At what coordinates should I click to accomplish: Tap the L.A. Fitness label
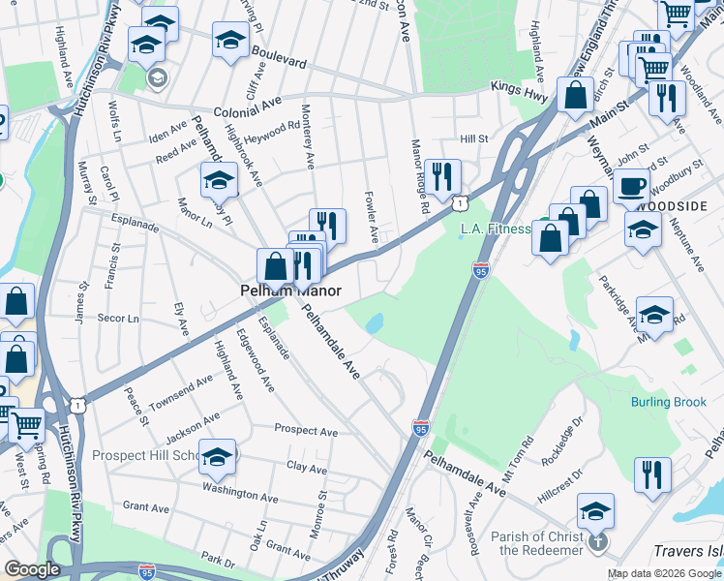click(x=496, y=229)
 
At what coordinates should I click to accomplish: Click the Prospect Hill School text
click(x=145, y=455)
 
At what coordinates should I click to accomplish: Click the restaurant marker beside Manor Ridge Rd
click(x=442, y=175)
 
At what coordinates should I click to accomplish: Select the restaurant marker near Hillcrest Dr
click(x=652, y=474)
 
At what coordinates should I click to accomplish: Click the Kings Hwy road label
click(x=519, y=88)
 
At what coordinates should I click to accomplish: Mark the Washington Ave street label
click(x=240, y=494)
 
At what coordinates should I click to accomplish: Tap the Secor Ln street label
click(x=119, y=319)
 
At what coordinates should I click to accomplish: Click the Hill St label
click(x=473, y=139)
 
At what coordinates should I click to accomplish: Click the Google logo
click(x=32, y=569)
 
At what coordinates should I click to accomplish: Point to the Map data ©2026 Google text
click(x=664, y=573)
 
